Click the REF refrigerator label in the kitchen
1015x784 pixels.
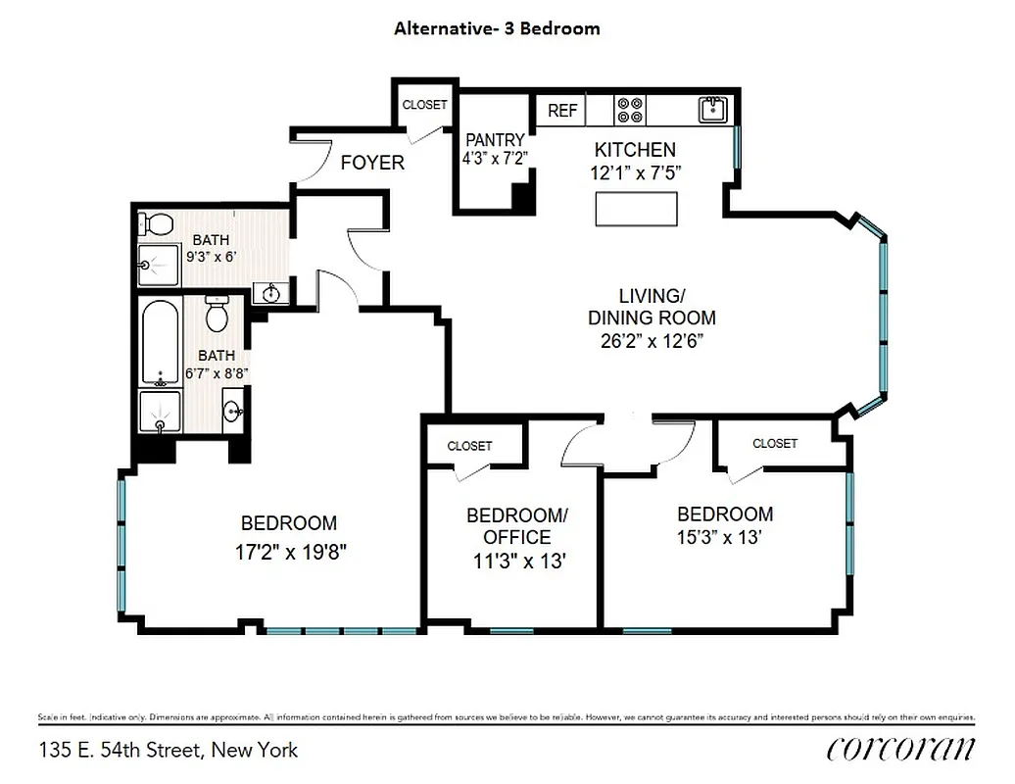562,111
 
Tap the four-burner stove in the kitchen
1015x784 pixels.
630,110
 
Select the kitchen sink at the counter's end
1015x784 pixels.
713,109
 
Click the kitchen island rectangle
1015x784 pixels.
637,209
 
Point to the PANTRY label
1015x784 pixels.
495,140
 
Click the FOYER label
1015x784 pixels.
372,163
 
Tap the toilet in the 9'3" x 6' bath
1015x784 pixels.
154,223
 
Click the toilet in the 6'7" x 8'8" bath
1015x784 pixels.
217,315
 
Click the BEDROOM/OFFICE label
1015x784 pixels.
516,526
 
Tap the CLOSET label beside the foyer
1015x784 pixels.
425,105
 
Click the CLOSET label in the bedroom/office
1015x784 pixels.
469,446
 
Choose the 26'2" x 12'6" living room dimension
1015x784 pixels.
652,341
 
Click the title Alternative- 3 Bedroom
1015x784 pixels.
497,28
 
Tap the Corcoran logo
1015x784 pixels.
900,749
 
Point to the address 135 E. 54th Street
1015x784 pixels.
169,751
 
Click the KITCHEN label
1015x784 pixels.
635,150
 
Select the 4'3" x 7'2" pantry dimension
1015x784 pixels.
495,157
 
